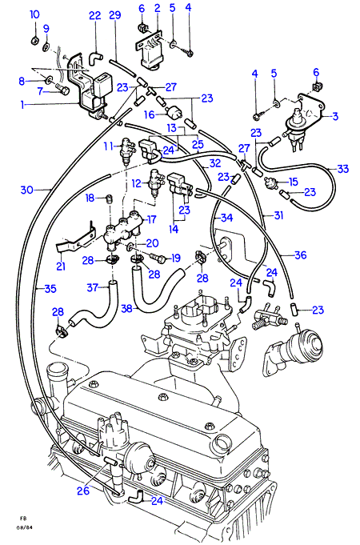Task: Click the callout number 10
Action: pyautogui.click(x=34, y=14)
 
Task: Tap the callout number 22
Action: pyautogui.click(x=95, y=15)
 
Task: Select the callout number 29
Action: pyautogui.click(x=114, y=15)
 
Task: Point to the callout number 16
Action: pyautogui.click(x=149, y=114)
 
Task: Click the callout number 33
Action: pyautogui.click(x=342, y=169)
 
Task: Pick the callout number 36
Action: pyautogui.click(x=301, y=255)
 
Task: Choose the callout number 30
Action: pyautogui.click(x=26, y=190)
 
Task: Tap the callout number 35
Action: pyautogui.click(x=50, y=288)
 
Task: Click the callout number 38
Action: pyautogui.click(x=127, y=308)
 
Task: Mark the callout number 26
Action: pyautogui.click(x=83, y=491)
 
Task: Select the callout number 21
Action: pyautogui.click(x=61, y=266)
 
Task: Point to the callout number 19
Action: pyautogui.click(x=176, y=258)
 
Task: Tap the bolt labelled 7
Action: pyautogui.click(x=62, y=90)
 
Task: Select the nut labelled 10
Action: pyautogui.click(x=34, y=41)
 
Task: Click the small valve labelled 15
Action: pyautogui.click(x=270, y=182)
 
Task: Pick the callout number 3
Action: pyautogui.click(x=335, y=116)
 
